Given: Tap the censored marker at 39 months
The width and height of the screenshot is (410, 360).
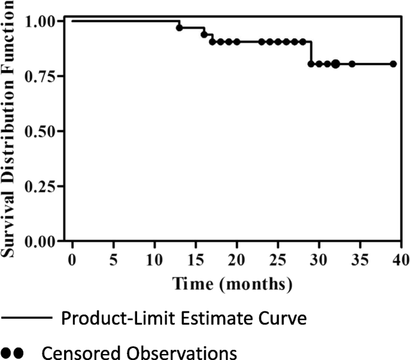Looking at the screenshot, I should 393,63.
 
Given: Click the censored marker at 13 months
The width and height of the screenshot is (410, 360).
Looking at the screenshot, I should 180,28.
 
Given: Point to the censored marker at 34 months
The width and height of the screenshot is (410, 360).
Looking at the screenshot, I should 352,63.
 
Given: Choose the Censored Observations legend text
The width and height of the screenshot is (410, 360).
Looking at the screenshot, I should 139,352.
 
